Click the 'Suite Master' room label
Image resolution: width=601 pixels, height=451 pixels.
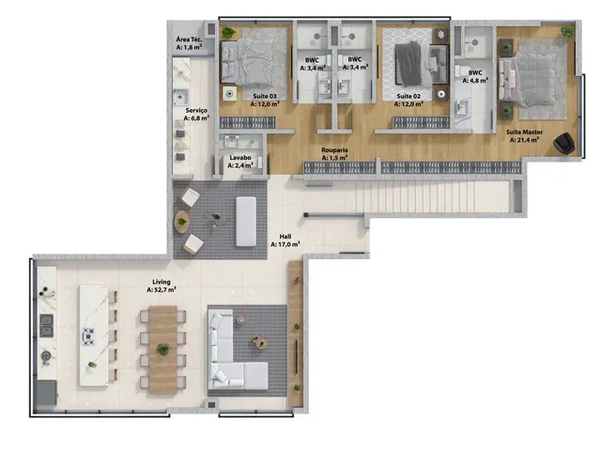point(524,132)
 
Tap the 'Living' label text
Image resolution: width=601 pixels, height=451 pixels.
point(161,282)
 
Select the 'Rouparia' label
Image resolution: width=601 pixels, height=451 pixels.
point(334,150)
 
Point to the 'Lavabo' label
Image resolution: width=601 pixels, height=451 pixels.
point(240,157)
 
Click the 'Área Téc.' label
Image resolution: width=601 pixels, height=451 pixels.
point(189,39)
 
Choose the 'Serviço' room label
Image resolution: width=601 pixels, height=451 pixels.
point(196,111)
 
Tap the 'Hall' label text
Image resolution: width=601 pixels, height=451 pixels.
point(285,237)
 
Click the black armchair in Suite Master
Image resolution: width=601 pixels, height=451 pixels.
point(563,143)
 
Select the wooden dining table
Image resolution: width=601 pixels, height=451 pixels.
point(162,350)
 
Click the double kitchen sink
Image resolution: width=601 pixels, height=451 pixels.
point(47,325)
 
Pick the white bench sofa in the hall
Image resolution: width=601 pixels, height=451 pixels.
point(246,222)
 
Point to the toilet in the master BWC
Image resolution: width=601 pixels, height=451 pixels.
point(460,70)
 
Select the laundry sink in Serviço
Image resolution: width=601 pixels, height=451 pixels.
point(180,98)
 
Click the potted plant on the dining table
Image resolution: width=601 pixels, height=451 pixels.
point(163,350)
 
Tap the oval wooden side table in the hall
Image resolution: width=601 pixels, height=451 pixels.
point(181,222)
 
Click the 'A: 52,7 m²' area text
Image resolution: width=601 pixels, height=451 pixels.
point(162,290)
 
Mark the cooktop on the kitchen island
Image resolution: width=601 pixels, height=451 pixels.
point(88,336)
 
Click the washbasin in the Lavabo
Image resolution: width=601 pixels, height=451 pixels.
point(232,141)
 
